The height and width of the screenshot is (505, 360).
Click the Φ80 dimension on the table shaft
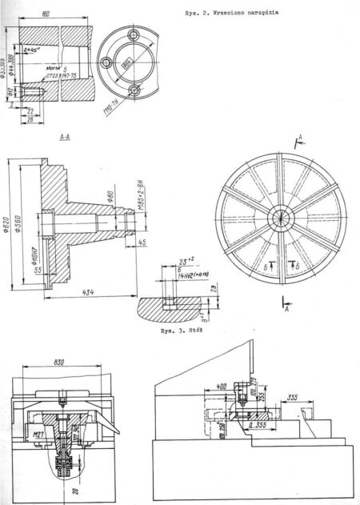point(108,196)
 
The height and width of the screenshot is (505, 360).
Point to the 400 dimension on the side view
point(219,387)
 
